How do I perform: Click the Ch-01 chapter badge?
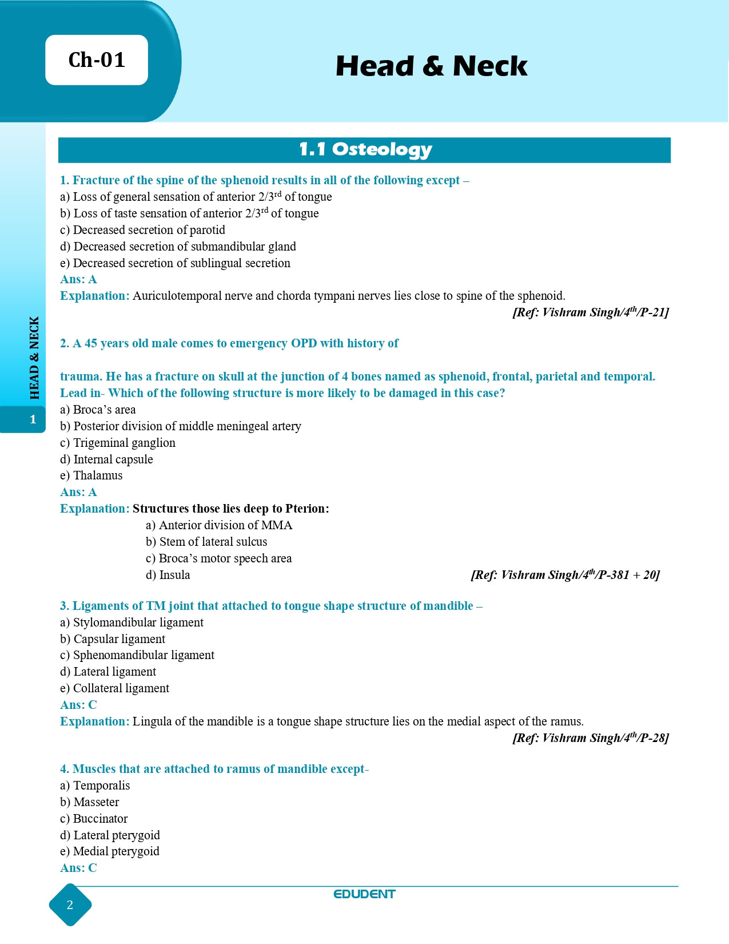pyautogui.click(x=97, y=60)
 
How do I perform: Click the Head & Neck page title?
pyautogui.click(x=431, y=66)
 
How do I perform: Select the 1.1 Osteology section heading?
pyautogui.click(x=365, y=150)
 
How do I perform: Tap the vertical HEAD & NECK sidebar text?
pyautogui.click(x=34, y=358)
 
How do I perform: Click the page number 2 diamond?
pyautogui.click(x=70, y=905)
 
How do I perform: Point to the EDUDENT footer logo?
pyautogui.click(x=364, y=894)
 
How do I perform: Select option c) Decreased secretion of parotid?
pyautogui.click(x=142, y=230)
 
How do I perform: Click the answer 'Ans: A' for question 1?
pyautogui.click(x=78, y=279)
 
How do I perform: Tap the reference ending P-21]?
pyautogui.click(x=590, y=312)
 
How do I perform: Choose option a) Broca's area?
pyautogui.click(x=98, y=410)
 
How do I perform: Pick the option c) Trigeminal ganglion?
pyautogui.click(x=118, y=443)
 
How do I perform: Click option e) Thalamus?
pyautogui.click(x=91, y=475)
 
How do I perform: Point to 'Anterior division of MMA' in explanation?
pyautogui.click(x=219, y=525)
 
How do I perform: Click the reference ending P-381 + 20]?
pyautogui.click(x=565, y=575)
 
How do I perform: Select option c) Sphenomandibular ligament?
pyautogui.click(x=137, y=655)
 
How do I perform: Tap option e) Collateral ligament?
pyautogui.click(x=114, y=688)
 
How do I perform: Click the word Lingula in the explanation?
pyautogui.click(x=152, y=721)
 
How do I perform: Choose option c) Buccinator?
pyautogui.click(x=94, y=819)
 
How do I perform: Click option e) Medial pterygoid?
pyautogui.click(x=110, y=851)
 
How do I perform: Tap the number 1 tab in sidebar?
pyautogui.click(x=33, y=419)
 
